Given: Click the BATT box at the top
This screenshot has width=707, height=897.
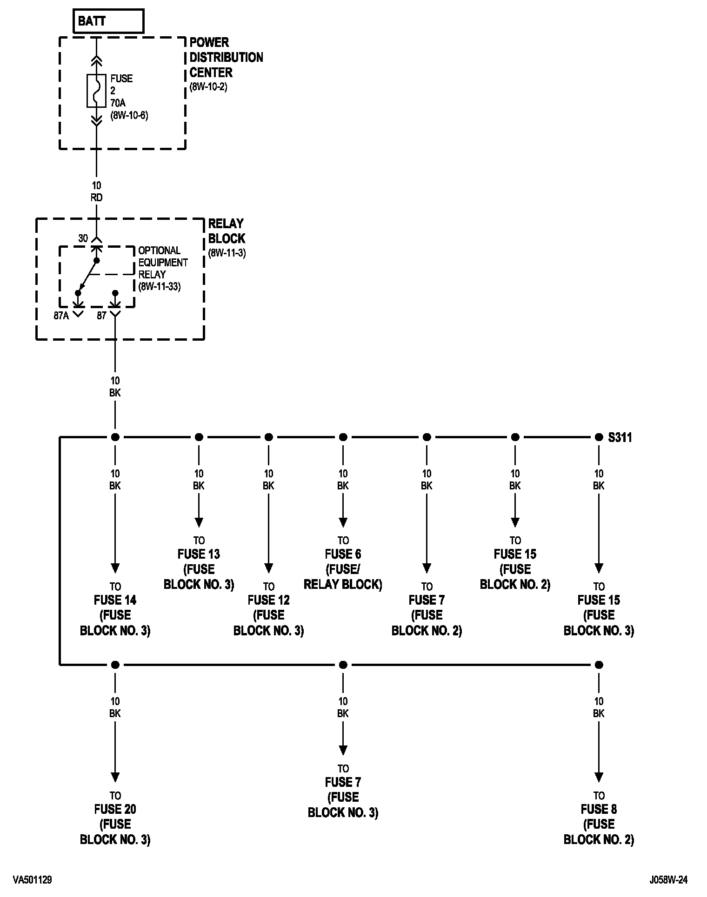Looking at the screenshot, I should (x=108, y=21).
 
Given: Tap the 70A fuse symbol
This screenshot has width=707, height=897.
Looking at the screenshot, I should (x=97, y=91).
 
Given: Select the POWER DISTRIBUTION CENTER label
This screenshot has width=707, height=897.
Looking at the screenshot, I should (x=226, y=58).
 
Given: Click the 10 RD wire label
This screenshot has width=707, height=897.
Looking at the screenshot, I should (x=97, y=191).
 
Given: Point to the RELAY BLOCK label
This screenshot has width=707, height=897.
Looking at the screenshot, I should (x=227, y=231).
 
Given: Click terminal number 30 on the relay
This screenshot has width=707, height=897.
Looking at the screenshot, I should (x=83, y=238).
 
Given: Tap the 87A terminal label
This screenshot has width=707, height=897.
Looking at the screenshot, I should (x=61, y=316).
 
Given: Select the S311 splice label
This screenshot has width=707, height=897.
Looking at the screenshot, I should (x=620, y=437).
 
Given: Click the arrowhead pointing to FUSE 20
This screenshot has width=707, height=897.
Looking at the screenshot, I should (x=115, y=777).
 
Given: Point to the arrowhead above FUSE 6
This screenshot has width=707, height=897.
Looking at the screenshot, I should (x=343, y=522).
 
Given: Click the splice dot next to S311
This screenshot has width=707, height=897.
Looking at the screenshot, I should (x=599, y=437).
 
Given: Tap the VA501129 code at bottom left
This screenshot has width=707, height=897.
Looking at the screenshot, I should (x=33, y=880).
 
